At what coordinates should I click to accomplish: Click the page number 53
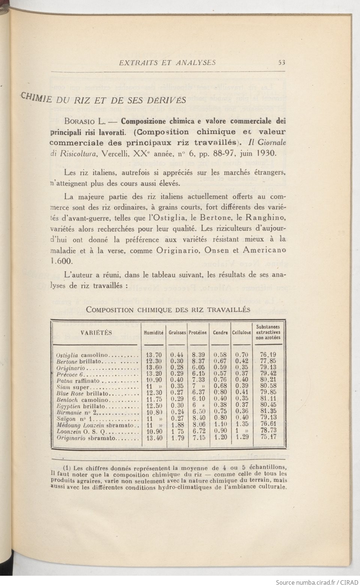click(282, 63)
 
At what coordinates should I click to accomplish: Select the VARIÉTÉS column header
click(96, 332)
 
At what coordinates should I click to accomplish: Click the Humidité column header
click(154, 332)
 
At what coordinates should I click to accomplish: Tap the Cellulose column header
click(241, 332)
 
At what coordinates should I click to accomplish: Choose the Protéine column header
click(198, 332)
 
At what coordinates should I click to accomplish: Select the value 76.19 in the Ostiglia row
click(268, 355)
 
